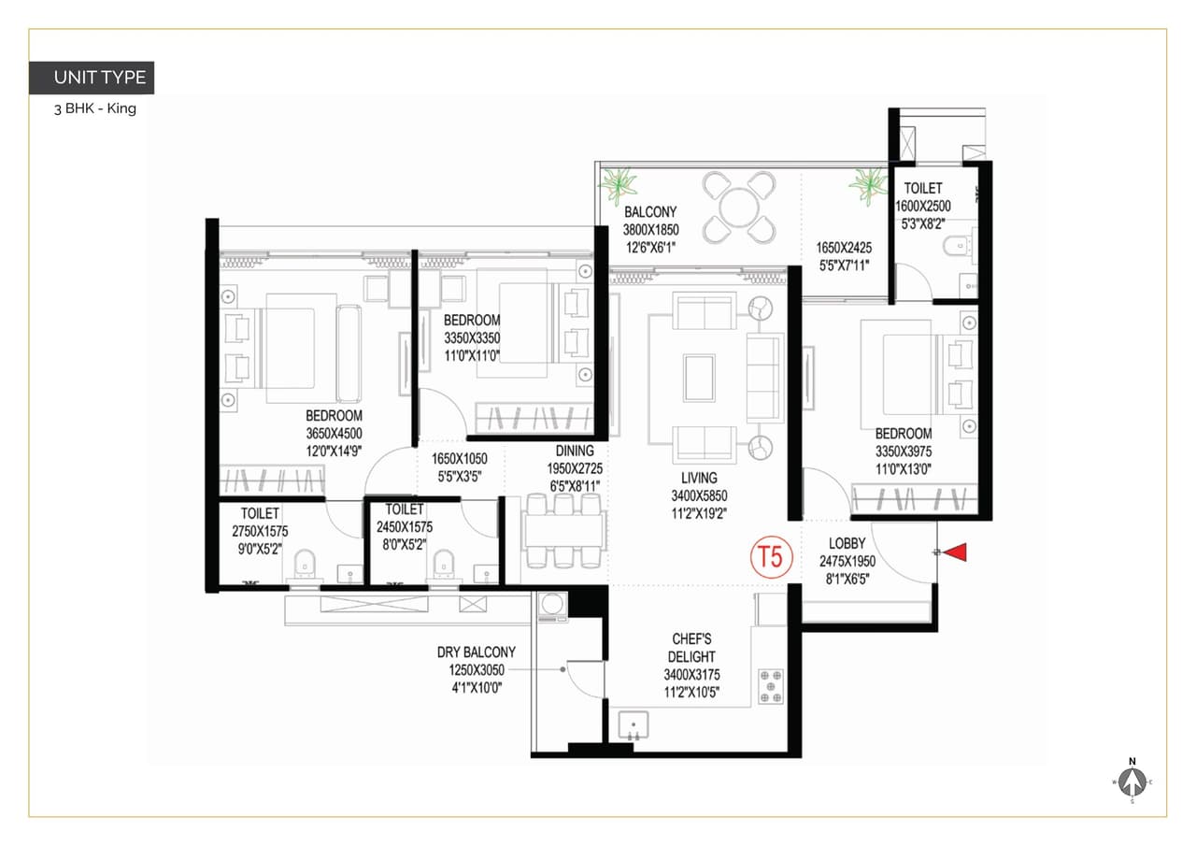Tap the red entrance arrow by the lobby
coord(954,553)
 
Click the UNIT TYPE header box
coord(92,78)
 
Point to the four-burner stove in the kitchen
coord(771,685)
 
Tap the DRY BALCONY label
coord(477,652)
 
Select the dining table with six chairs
coord(562,531)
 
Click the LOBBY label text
coord(847,544)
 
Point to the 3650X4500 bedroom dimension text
coord(334,433)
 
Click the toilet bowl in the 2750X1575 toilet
coord(304,564)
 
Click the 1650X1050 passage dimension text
coord(460,459)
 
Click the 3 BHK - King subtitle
coord(95,108)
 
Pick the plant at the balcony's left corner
coord(619,184)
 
